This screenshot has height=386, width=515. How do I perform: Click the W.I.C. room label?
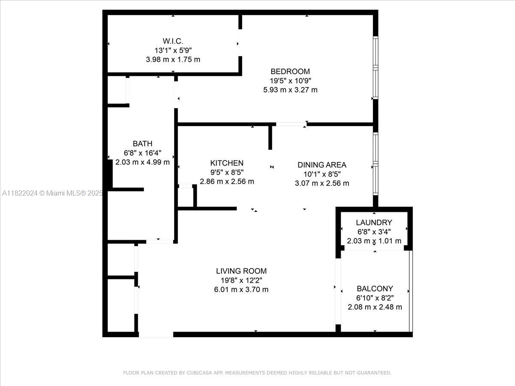[173, 41]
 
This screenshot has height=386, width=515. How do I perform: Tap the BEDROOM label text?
[290, 71]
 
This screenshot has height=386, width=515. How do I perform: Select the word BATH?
[142, 144]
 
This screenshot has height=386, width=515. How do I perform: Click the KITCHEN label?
[227, 163]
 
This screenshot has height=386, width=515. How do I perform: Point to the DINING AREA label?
[322, 165]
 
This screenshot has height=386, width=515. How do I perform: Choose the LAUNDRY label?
[374, 222]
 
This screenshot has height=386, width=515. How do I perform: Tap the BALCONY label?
[375, 289]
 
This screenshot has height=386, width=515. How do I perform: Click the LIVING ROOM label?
[241, 271]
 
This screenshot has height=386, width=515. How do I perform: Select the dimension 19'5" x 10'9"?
[290, 81]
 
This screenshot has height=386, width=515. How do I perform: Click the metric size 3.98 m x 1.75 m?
[173, 60]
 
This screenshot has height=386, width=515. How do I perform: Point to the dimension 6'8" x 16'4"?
[142, 153]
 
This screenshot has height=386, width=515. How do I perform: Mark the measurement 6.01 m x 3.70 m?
[241, 289]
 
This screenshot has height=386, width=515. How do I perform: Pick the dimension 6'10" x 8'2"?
[375, 298]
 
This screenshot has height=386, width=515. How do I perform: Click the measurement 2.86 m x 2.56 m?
[227, 181]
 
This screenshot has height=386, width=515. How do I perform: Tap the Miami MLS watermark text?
[51, 193]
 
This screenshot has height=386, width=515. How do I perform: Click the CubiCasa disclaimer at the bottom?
[257, 373]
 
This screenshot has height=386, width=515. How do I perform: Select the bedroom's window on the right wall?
[376, 68]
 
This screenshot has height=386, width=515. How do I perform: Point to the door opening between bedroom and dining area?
[291, 124]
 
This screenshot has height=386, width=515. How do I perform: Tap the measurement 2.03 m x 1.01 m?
[374, 241]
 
